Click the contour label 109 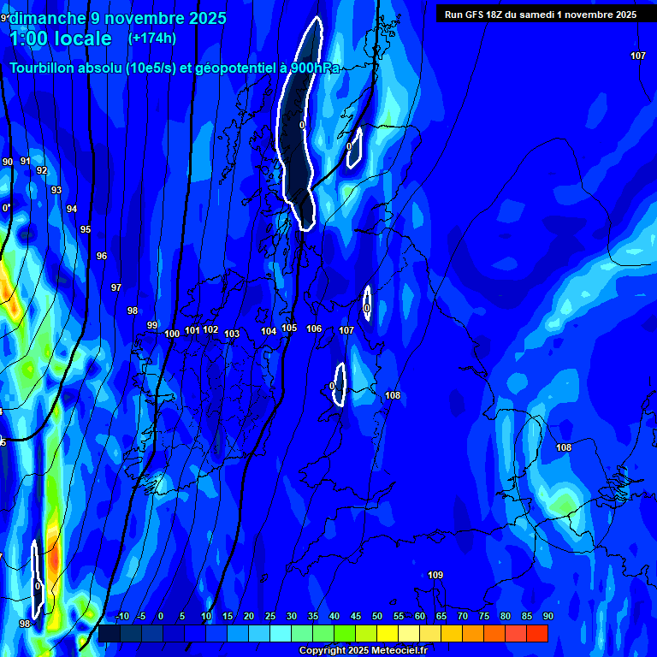click(x=435, y=575)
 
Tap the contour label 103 click(x=232, y=334)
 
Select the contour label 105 click(x=289, y=328)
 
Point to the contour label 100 click(x=172, y=334)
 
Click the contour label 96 click(x=102, y=256)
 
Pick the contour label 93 click(x=56, y=190)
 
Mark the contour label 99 click(x=152, y=325)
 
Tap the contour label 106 click(x=314, y=328)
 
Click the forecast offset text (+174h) click(x=152, y=38)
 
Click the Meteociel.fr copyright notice click(x=363, y=650)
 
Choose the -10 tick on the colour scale click(x=121, y=616)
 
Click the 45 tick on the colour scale click(x=356, y=616)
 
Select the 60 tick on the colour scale click(x=420, y=616)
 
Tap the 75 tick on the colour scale click(x=484, y=616)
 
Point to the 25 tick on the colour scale click(x=270, y=616)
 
